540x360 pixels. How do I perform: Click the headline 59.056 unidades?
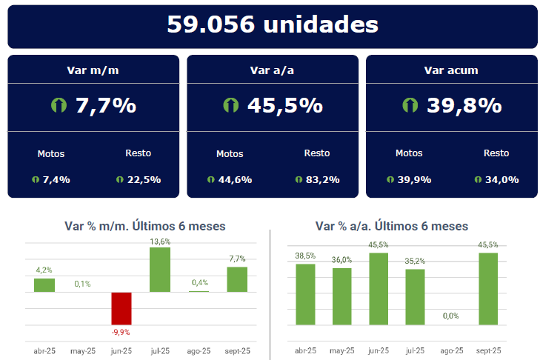272,24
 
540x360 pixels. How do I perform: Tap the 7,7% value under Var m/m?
106,105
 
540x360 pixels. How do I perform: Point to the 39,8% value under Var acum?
464,105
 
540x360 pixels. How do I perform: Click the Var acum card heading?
451,70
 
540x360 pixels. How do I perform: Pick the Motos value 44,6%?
236,179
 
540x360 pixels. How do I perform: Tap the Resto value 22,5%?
144,179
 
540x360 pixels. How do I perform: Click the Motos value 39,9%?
415,179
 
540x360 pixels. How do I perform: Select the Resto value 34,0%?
502,179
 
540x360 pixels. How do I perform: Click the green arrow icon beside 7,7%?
59,105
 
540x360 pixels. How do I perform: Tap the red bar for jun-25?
121,308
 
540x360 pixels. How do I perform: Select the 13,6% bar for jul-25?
160,270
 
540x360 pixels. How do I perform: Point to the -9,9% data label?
121,332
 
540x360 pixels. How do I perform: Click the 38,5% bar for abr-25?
305,294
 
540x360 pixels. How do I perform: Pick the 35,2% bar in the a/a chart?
415,296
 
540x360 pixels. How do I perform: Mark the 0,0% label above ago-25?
451,316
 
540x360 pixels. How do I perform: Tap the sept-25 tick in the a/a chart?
487,350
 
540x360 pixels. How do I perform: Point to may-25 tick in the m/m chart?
83,350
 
